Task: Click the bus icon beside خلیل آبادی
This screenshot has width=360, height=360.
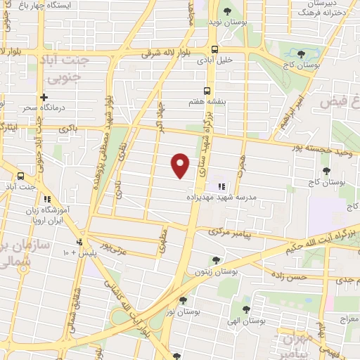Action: [x=214, y=49]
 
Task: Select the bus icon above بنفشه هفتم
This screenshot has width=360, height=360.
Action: [x=206, y=91]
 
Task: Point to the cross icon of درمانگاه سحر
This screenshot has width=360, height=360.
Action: [x=44, y=97]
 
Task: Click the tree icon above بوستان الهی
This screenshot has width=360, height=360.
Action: [x=245, y=309]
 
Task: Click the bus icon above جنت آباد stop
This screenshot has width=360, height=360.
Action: [x=21, y=176]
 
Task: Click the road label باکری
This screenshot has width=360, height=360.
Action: [x=68, y=129]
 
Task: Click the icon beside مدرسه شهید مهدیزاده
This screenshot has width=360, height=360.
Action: [x=221, y=186]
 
